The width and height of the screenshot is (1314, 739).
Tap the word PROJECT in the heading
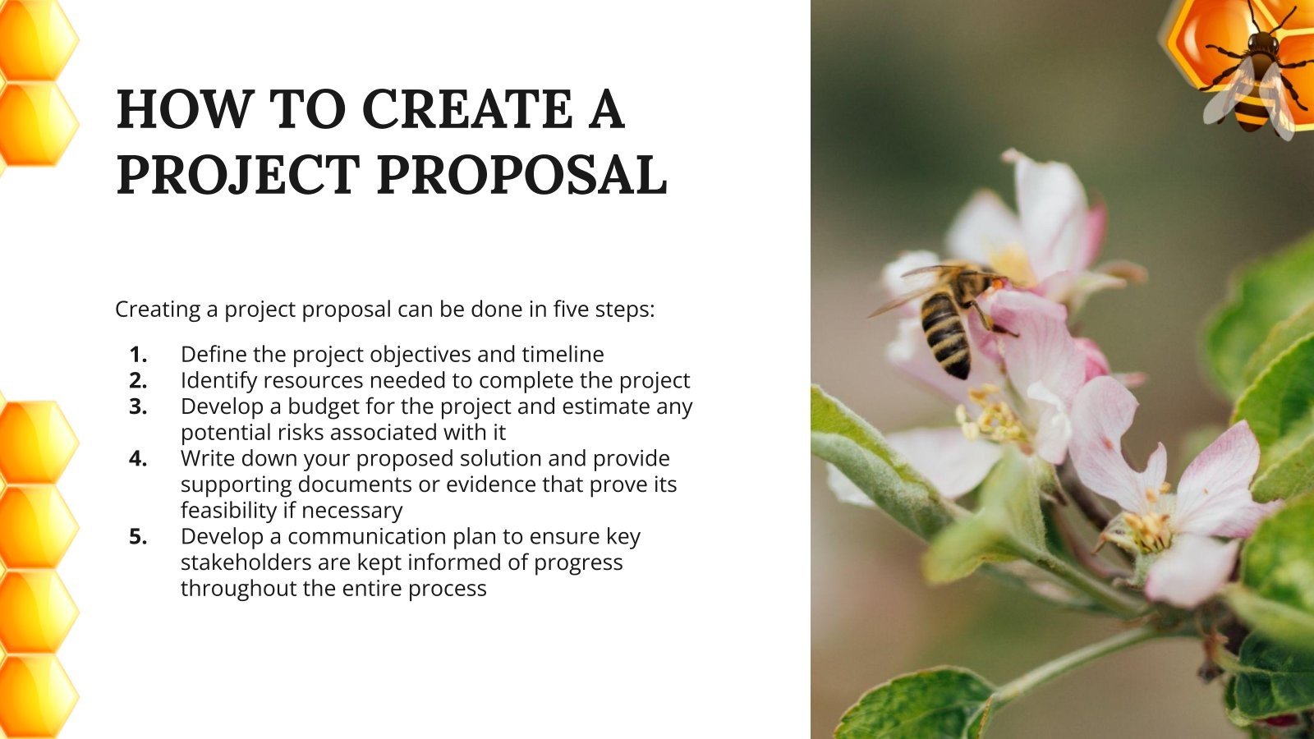pos(238,175)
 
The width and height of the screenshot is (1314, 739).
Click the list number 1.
pos(138,355)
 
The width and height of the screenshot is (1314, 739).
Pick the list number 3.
pos(138,406)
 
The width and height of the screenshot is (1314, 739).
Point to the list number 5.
pos(138,537)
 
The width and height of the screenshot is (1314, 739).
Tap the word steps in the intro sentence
pos(623,310)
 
